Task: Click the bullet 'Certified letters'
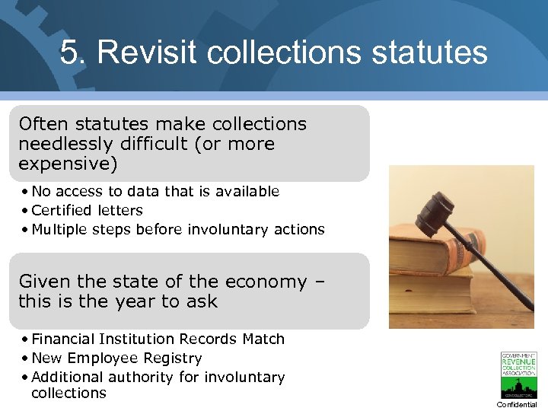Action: pyautogui.click(x=87, y=210)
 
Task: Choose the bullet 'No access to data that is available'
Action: pyautogui.click(x=155, y=191)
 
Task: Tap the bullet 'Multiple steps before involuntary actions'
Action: pyautogui.click(x=178, y=229)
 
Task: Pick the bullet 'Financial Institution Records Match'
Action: pyautogui.click(x=158, y=339)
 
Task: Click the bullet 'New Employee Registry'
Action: pyautogui.click(x=116, y=358)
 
